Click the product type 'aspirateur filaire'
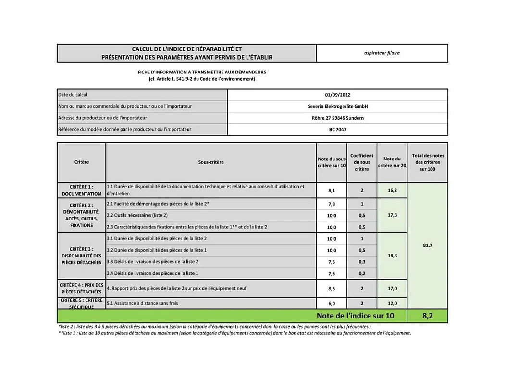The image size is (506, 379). click(382, 53)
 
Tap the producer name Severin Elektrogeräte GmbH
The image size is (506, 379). click(337, 106)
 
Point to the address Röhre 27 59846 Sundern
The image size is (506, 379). click(337, 118)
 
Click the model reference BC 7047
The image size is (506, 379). click(337, 129)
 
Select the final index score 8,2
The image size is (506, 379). click(427, 316)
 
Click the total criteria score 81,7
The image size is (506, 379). click(427, 245)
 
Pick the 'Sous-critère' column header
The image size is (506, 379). click(211, 162)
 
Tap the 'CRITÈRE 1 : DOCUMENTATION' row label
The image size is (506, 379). click(81, 190)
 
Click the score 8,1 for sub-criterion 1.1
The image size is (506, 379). click(332, 190)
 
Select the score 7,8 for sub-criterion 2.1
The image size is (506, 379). click(332, 204)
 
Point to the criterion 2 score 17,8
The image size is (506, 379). click(392, 215)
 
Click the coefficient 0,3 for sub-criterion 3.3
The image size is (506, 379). click(362, 262)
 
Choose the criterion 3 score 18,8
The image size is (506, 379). click(392, 256)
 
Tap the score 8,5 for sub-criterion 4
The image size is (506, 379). click(332, 289)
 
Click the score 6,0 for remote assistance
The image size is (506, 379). click(332, 303)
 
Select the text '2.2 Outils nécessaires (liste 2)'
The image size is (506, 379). click(137, 215)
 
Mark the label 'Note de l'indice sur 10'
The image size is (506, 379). click(355, 316)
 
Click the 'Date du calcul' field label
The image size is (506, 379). click(73, 95)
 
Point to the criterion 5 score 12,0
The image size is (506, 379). click(392, 303)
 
